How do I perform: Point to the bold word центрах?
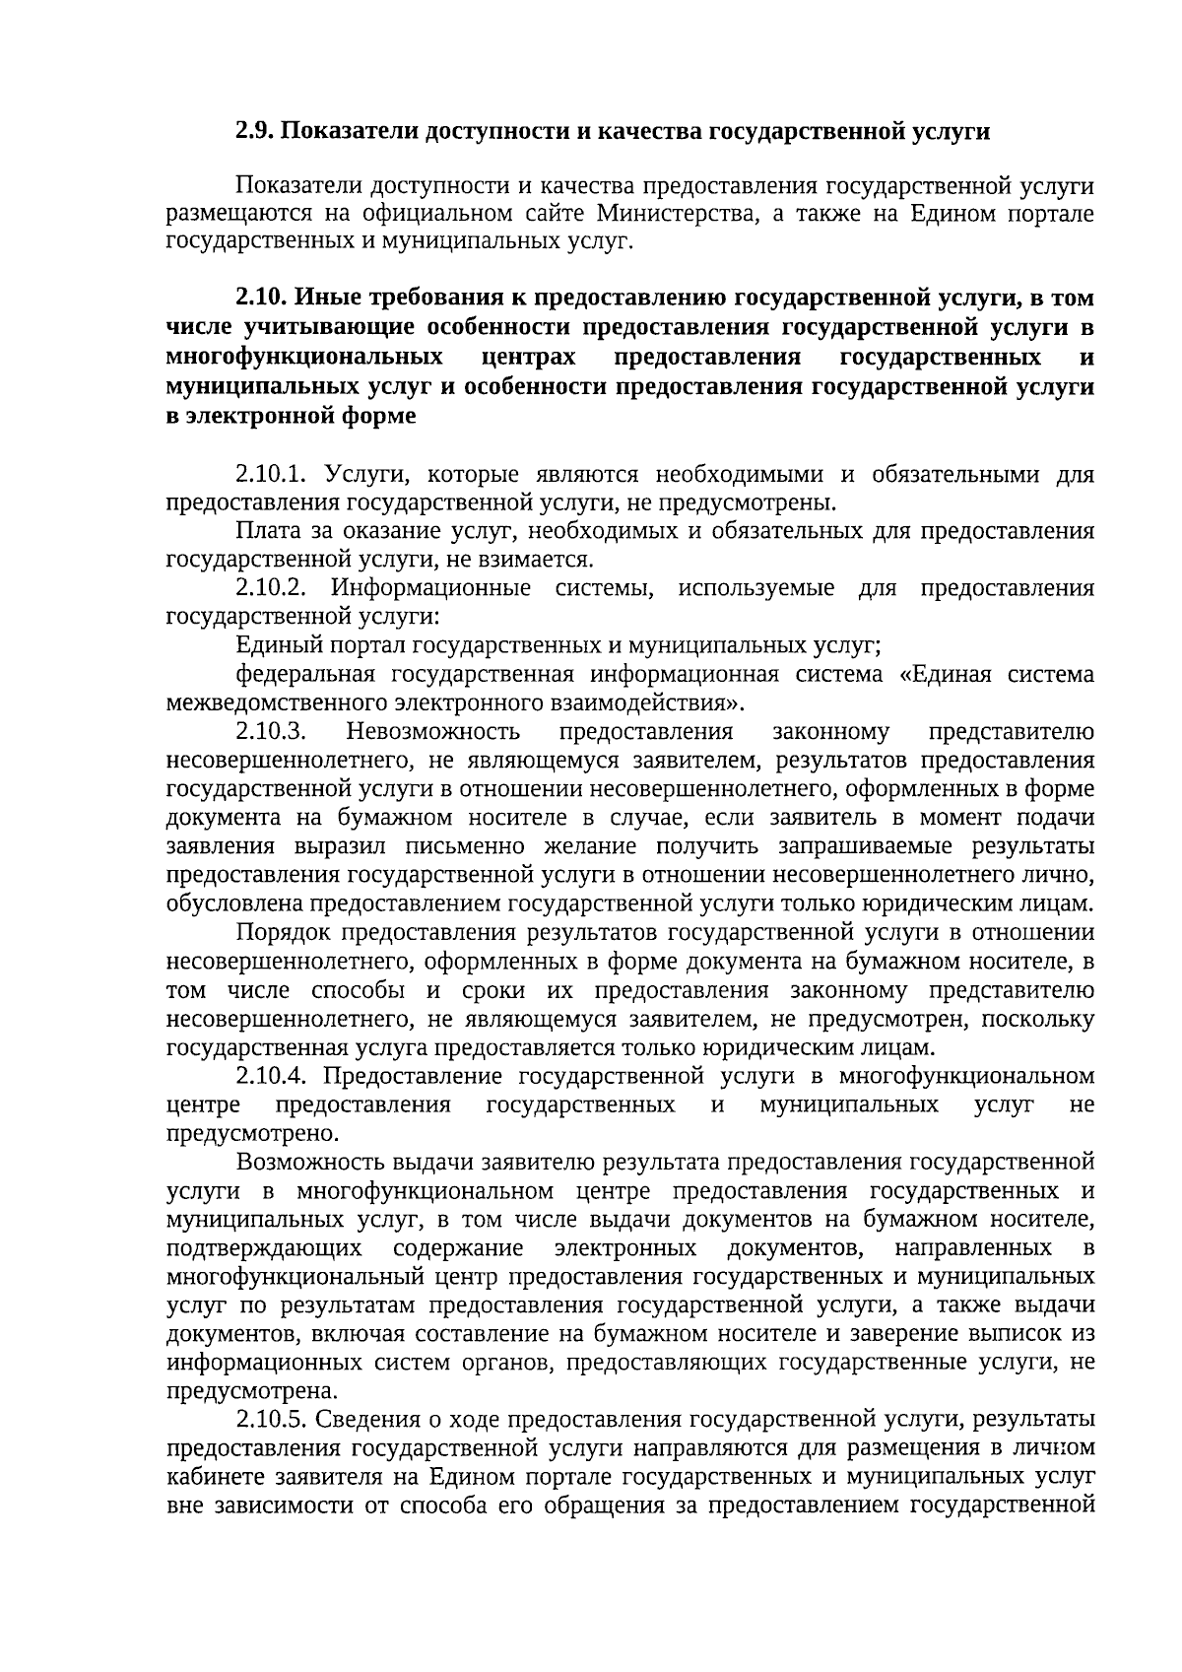pos(530,356)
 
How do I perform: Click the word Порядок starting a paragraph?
pos(279,933)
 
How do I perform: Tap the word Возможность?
pos(305,1163)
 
